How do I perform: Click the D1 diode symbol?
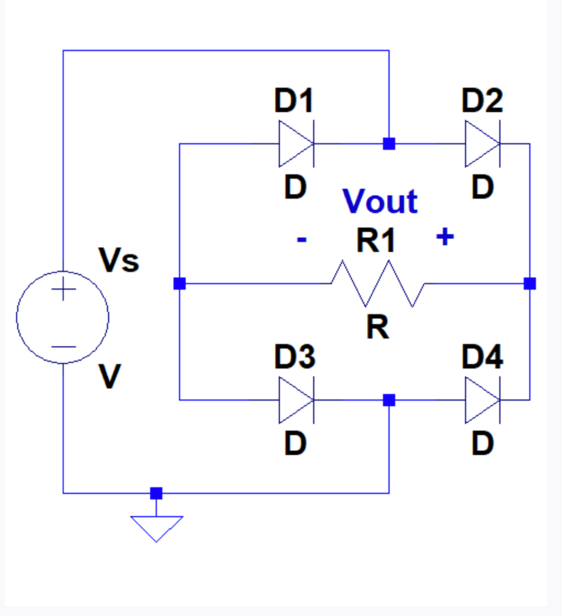click(296, 144)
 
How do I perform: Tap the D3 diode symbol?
click(296, 400)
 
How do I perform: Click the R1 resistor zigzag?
click(377, 283)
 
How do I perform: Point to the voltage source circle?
click(62, 317)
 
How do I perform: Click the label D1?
click(294, 102)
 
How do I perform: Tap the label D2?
click(482, 102)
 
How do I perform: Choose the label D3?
click(294, 358)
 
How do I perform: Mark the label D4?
click(482, 358)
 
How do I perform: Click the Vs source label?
click(119, 261)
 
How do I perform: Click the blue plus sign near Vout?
click(444, 237)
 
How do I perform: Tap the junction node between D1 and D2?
click(389, 144)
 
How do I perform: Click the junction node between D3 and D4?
click(389, 400)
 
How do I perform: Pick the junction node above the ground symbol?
click(156, 493)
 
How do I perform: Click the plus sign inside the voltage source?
click(63, 290)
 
